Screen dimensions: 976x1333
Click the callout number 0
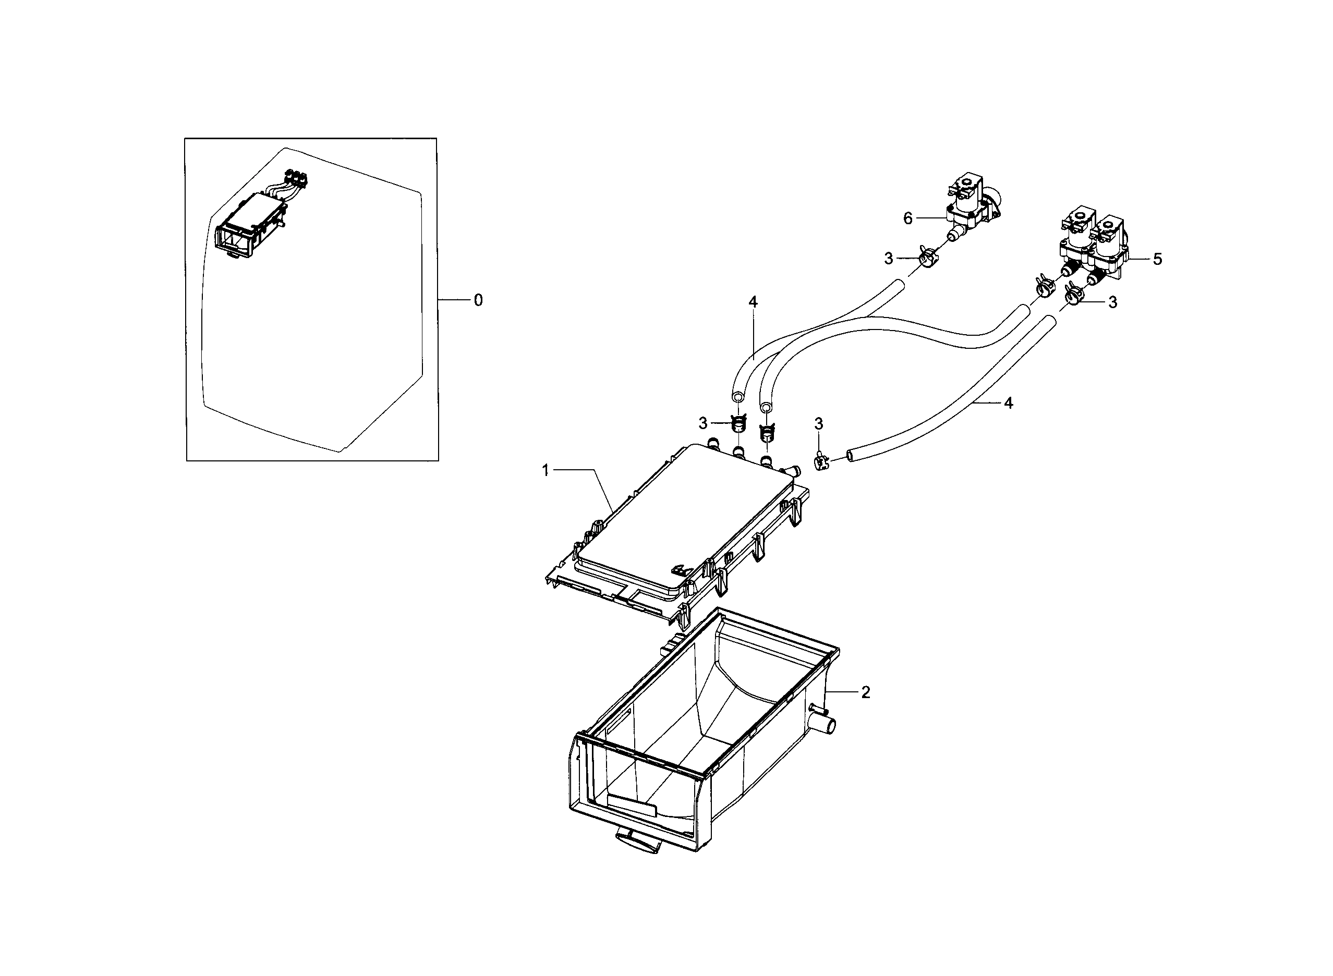click(478, 301)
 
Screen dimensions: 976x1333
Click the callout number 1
click(546, 470)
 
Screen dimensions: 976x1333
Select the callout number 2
click(865, 692)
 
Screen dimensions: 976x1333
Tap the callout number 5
click(1157, 259)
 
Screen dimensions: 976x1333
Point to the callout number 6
click(907, 218)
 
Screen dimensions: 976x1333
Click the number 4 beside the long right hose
click(1009, 403)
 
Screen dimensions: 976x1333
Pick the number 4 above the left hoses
click(752, 302)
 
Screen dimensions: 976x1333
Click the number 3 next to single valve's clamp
click(888, 258)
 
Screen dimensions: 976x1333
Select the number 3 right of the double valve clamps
click(1112, 302)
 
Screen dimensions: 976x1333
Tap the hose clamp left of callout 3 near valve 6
click(926, 258)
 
